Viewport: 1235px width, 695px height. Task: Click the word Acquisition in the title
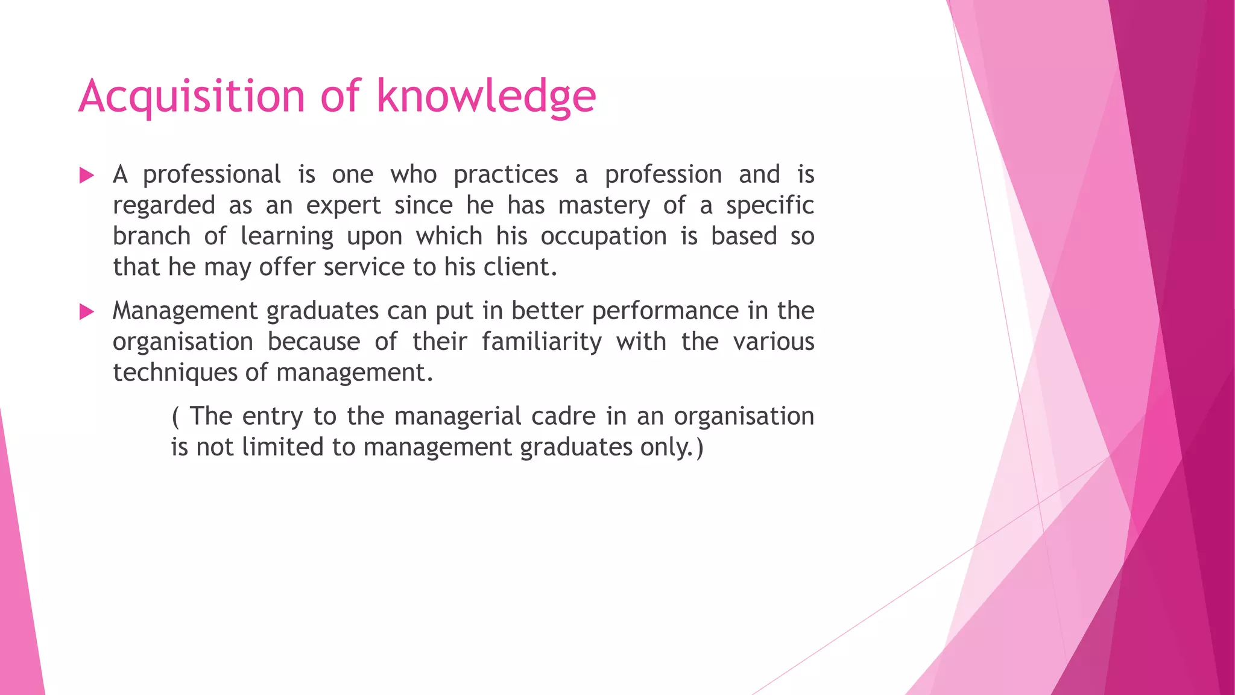pos(192,97)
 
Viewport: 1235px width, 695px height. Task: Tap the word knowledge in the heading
pos(486,97)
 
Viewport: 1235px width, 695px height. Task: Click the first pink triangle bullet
pos(87,176)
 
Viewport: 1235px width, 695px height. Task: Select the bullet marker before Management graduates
pos(87,312)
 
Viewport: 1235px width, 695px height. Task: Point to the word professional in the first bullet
pos(212,175)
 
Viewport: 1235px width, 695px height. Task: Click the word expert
pos(343,206)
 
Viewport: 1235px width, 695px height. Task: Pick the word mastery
pos(604,206)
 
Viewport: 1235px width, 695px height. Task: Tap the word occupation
pos(603,236)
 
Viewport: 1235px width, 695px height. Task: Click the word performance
pos(665,311)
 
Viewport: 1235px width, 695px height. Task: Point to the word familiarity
pos(541,342)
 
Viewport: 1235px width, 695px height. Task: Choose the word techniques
pos(175,373)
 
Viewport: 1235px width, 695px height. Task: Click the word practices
pos(505,175)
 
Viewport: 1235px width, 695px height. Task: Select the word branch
pos(151,236)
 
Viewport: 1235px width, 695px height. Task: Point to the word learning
pos(286,236)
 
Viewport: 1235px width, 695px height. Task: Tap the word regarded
pos(163,206)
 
